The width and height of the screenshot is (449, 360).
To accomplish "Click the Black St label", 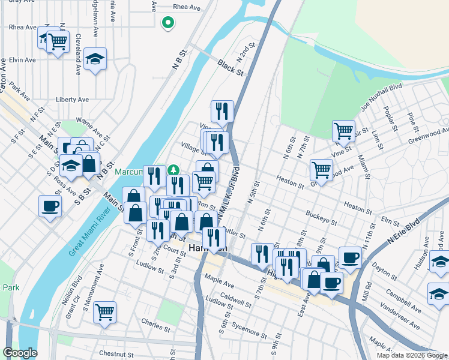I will tap(231, 67).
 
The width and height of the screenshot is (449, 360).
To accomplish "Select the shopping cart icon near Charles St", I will tap(104, 311).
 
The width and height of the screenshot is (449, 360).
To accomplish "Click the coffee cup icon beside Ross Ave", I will tap(50, 206).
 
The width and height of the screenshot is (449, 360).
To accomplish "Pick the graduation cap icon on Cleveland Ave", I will tap(95, 59).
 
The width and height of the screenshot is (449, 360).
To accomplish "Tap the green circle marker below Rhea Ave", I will tap(169, 23).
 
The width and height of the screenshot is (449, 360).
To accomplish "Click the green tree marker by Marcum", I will tap(174, 170).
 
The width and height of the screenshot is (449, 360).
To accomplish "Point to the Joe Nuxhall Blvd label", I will tap(380, 97).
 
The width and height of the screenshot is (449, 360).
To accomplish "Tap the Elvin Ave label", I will tap(22, 60).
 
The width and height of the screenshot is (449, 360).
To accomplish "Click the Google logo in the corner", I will tap(20, 353).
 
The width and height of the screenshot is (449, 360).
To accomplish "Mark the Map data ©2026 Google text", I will tap(412, 355).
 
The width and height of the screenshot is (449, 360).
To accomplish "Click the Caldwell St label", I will tap(235, 296).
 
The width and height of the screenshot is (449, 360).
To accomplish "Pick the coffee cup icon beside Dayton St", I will tap(349, 257).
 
